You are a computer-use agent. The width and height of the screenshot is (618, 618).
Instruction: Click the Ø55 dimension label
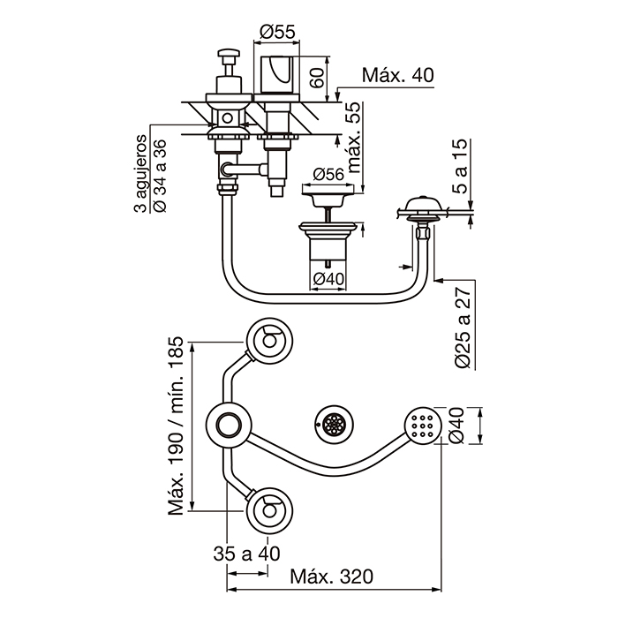(x=277, y=32)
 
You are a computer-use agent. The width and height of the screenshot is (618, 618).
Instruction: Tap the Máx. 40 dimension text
(x=397, y=75)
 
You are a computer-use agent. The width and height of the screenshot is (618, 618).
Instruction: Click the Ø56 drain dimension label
(x=328, y=174)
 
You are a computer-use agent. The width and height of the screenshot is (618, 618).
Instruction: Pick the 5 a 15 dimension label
(x=460, y=166)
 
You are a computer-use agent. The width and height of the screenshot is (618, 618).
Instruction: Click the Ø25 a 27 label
(x=463, y=328)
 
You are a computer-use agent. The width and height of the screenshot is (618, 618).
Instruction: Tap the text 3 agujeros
(x=139, y=174)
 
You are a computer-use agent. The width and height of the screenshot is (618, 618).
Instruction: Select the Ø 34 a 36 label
(x=160, y=176)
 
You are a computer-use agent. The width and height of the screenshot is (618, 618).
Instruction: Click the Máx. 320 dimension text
(x=331, y=577)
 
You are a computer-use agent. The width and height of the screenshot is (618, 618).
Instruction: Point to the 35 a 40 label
(x=246, y=554)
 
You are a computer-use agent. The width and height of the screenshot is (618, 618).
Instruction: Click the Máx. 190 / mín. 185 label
(x=176, y=426)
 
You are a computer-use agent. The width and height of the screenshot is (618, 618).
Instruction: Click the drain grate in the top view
(x=335, y=424)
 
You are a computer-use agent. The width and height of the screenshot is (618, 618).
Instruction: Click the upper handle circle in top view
(x=269, y=340)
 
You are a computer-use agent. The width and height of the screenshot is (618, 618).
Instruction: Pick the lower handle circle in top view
(x=269, y=511)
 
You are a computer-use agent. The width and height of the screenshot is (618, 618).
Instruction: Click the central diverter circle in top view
(x=229, y=426)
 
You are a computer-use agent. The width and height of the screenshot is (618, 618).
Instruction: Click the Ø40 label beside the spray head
(x=456, y=426)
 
